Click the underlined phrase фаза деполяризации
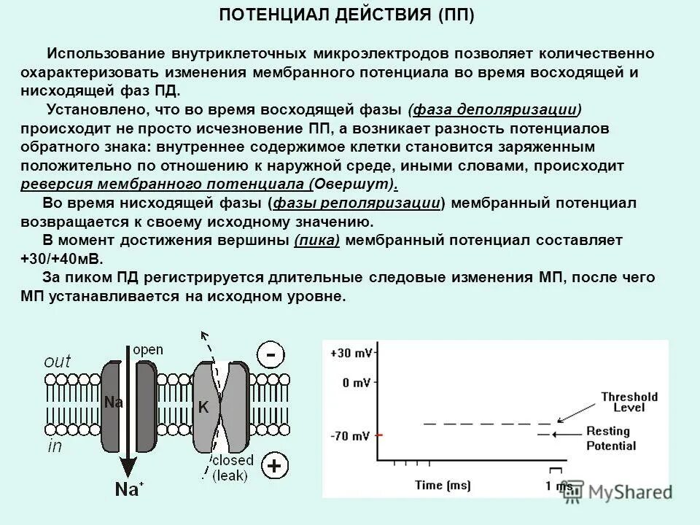coord(495,110)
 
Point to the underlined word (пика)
coord(317,240)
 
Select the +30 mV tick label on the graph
coord(352,353)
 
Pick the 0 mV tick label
coord(356,382)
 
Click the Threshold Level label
coord(629,402)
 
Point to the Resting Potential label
coord(611,438)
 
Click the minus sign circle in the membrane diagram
coord(271,356)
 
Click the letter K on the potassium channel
coord(203,408)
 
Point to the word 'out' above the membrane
coord(58,360)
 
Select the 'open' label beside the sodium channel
coord(148,349)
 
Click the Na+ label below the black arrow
coord(129,489)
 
